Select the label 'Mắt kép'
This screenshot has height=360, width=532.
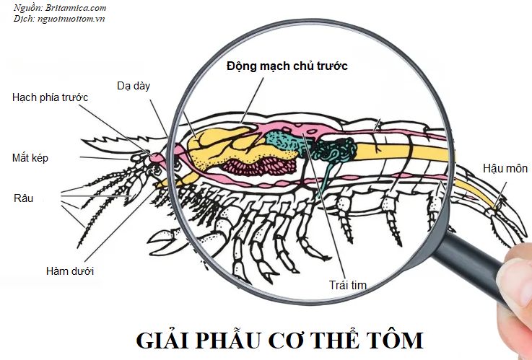[30, 157]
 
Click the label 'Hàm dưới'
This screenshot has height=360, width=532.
[69, 271]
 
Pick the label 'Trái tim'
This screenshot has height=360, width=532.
[348, 285]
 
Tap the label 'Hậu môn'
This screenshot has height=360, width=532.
[505, 169]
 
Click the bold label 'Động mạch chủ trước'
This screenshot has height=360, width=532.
[287, 66]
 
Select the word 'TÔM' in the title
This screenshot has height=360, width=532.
[395, 340]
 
